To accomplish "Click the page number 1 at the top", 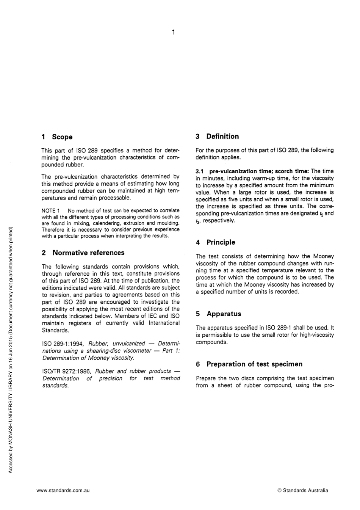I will [x=173, y=33].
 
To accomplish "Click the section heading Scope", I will [x=62, y=137].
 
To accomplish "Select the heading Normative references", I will [x=88, y=253].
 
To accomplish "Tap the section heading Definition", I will [x=222, y=137].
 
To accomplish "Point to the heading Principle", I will [x=221, y=242].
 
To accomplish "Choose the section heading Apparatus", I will [x=224, y=314].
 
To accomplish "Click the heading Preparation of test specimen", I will [x=254, y=364].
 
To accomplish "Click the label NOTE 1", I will [x=51, y=210].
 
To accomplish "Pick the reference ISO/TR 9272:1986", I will [x=66, y=371].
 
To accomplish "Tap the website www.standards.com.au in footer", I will [x=63, y=490].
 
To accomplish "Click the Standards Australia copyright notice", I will [x=303, y=490].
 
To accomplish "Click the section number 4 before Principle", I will [x=198, y=242].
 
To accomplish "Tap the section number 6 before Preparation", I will [x=198, y=364].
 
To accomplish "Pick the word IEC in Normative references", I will [x=163, y=316].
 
